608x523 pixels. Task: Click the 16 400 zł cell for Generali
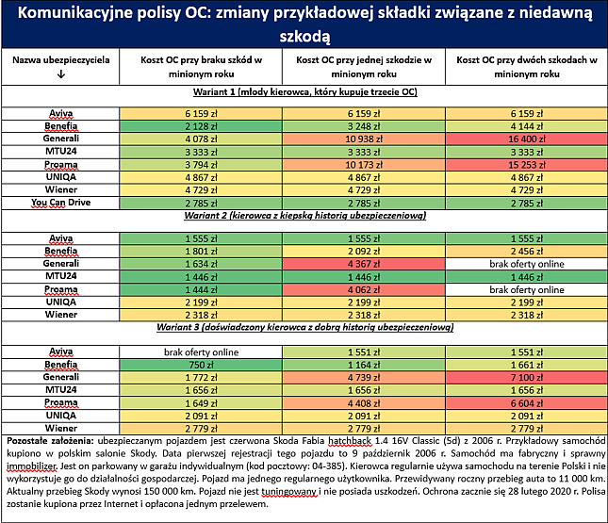(527, 139)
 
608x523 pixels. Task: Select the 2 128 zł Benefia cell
(201, 126)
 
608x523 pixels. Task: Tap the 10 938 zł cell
(364, 139)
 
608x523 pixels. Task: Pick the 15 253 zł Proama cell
(527, 165)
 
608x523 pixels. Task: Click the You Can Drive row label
(61, 203)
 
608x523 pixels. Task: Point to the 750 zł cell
(201, 365)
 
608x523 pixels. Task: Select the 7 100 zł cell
(527, 377)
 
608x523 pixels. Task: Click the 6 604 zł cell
(527, 403)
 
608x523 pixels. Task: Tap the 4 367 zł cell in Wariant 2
(364, 264)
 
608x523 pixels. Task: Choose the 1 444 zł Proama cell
(201, 290)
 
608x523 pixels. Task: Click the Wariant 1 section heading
(305, 92)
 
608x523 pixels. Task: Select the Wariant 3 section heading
(305, 327)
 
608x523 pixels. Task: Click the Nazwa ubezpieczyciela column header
(61, 60)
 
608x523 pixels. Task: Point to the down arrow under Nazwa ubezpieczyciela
(61, 74)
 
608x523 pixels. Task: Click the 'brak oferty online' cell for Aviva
(201, 352)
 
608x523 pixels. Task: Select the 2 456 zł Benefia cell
(527, 252)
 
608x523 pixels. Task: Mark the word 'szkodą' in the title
(304, 37)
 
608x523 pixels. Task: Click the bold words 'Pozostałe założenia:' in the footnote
(50, 441)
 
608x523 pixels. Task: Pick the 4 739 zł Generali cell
(364, 377)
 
